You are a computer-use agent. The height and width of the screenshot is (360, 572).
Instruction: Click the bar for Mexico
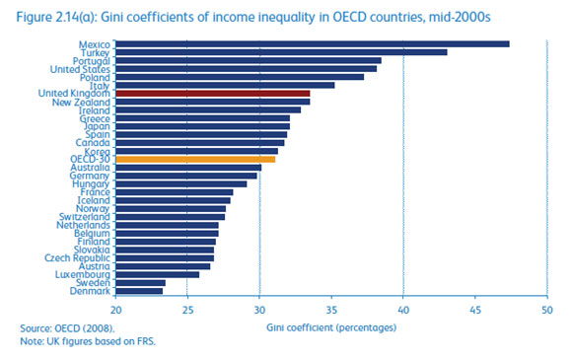click(312, 43)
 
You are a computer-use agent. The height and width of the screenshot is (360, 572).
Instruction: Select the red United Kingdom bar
click(212, 93)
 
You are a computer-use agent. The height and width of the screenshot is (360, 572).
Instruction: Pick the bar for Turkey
click(281, 52)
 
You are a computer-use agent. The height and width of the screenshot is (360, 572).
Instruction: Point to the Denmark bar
click(139, 291)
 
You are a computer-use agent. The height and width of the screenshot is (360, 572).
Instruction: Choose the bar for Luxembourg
click(157, 274)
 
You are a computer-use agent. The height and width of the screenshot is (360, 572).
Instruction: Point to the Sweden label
click(94, 282)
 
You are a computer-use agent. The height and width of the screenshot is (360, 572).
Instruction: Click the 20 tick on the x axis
click(115, 307)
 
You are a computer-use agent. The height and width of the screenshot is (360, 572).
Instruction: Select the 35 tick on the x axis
click(330, 307)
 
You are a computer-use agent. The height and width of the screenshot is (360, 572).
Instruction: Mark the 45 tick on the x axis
click(473, 307)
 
